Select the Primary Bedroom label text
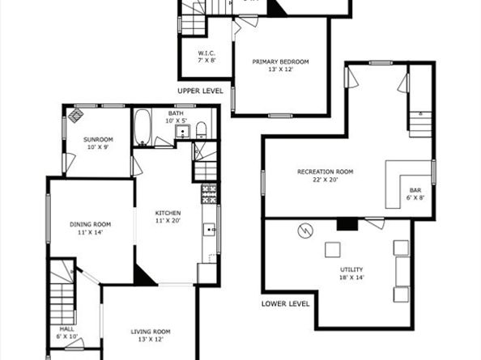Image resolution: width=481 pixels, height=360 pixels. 280,61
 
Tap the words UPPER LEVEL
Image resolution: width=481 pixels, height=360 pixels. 200,91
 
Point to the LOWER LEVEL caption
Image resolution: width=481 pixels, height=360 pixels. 286,304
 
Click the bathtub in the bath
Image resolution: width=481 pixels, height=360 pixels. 143,128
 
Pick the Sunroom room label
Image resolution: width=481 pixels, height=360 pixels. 98,139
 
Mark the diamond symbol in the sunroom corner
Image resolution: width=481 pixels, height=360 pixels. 74,116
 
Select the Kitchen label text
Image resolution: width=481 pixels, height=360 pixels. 168,214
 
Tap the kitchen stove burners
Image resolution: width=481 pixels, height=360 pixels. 209,193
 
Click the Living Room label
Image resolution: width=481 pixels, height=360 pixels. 151,331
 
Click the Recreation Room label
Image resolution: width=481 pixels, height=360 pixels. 326,172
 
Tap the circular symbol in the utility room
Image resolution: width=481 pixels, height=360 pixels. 305,231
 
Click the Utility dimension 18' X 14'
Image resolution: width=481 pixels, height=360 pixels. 351,277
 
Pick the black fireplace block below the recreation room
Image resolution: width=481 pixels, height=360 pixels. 347,224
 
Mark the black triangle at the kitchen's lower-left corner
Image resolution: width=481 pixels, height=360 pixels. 143,275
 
